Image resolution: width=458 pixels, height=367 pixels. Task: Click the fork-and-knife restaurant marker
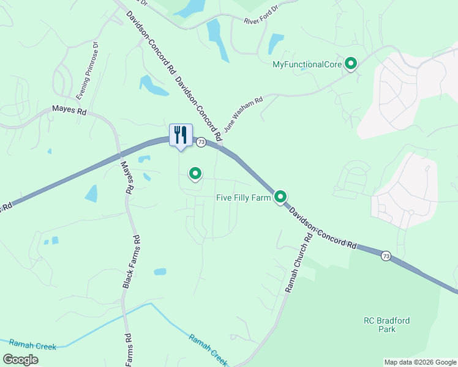coord(181,135)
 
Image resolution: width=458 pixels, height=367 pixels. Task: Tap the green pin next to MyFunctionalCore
coord(351,63)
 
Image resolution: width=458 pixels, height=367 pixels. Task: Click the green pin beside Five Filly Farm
coord(280,196)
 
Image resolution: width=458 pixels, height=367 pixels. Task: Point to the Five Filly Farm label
coord(243,198)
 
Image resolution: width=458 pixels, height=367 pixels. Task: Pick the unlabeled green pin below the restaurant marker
coord(195,174)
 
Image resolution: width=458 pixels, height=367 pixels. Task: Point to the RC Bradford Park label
coord(387,325)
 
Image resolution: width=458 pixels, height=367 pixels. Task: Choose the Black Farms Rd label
coord(132,262)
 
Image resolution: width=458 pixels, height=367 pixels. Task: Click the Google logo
coord(20,360)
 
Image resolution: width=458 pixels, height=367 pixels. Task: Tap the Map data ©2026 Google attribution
coord(420,362)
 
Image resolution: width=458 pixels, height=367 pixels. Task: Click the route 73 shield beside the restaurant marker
coord(200,142)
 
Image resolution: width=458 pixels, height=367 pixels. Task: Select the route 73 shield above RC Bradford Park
coord(385,255)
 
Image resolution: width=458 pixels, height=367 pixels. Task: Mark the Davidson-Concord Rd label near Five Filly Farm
coord(323,228)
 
